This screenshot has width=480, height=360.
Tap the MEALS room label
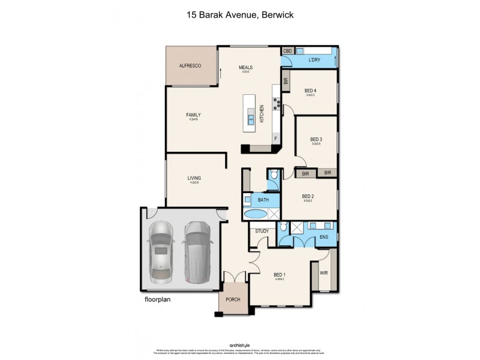pos(245,67)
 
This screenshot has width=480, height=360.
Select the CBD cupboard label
pos(287,52)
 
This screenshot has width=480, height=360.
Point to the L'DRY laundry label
pos(314,59)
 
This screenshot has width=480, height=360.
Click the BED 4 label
pos(310,91)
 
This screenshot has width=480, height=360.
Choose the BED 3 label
pos(316,139)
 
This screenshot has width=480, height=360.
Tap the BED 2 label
pos(308,196)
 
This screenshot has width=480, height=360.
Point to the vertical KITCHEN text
pos(262,114)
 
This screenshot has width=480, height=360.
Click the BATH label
pos(263,199)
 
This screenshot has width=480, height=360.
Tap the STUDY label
pos(262,231)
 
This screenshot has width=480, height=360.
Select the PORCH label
pos(232,299)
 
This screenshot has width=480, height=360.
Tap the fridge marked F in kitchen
pos(275,139)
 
